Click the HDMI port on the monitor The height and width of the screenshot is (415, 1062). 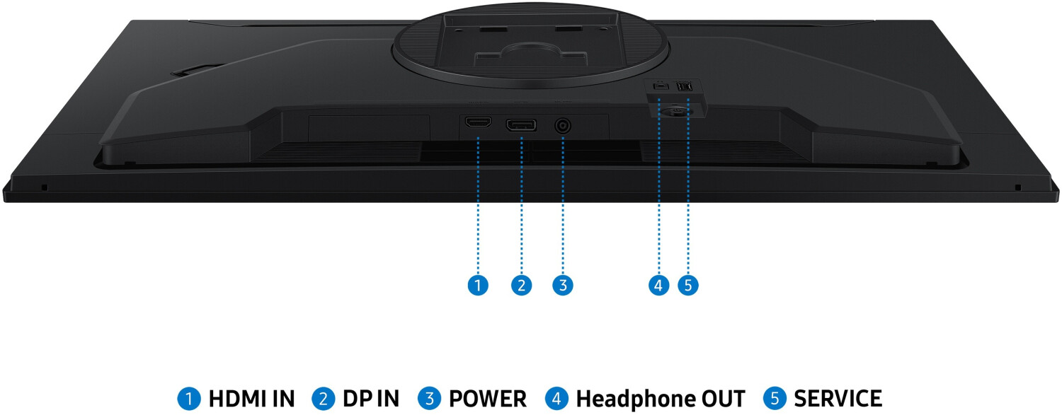point(478,123)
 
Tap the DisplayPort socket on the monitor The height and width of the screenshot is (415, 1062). point(520,126)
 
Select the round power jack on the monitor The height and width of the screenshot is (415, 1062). point(564,127)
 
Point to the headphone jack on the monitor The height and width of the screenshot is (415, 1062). point(660,86)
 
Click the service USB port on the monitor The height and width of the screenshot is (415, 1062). point(685,86)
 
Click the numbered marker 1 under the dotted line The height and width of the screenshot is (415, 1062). point(478,286)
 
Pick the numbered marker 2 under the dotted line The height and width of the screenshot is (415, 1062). point(521,286)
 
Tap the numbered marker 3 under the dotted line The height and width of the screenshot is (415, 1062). point(563,286)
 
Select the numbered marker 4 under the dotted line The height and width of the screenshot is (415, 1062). point(658,286)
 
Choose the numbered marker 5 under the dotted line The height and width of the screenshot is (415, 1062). point(687,286)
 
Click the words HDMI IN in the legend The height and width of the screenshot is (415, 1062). point(251,399)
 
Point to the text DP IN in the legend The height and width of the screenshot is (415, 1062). point(371,399)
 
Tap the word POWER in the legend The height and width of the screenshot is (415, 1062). point(488,399)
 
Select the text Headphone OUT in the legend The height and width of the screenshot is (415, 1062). point(661,399)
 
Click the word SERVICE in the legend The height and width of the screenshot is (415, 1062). point(838,399)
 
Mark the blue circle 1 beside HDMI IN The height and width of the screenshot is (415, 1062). point(188,399)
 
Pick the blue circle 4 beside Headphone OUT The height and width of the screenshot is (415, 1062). point(557,399)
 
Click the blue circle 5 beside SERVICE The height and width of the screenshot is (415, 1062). point(775,399)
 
